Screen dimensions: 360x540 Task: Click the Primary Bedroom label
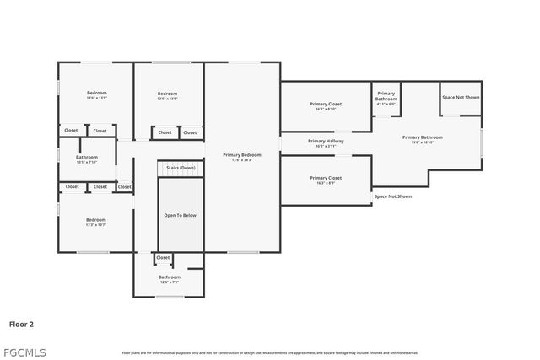coord(242,155)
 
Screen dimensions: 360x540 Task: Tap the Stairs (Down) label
coord(181,168)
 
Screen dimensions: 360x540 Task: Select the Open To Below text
coord(180,216)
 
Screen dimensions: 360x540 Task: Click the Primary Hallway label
coord(326,142)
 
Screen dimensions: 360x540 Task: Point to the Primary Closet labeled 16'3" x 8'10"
coord(326,105)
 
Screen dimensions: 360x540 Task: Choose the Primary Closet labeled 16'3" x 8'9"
coord(326,179)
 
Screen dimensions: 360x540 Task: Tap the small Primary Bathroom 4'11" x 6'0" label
coord(386,96)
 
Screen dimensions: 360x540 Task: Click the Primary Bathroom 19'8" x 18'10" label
coord(422,137)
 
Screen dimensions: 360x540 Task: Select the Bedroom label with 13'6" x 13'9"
coord(97,94)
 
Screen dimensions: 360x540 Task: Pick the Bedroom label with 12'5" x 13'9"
coord(167,94)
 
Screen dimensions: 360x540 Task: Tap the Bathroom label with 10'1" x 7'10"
coord(87,158)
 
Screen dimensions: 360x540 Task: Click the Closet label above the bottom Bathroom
coord(163,258)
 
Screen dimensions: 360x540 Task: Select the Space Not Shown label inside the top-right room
coord(461,98)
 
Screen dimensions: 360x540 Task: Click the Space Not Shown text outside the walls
coord(393,196)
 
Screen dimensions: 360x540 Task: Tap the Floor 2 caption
coord(21,323)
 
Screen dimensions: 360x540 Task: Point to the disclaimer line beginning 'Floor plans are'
coord(270,352)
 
